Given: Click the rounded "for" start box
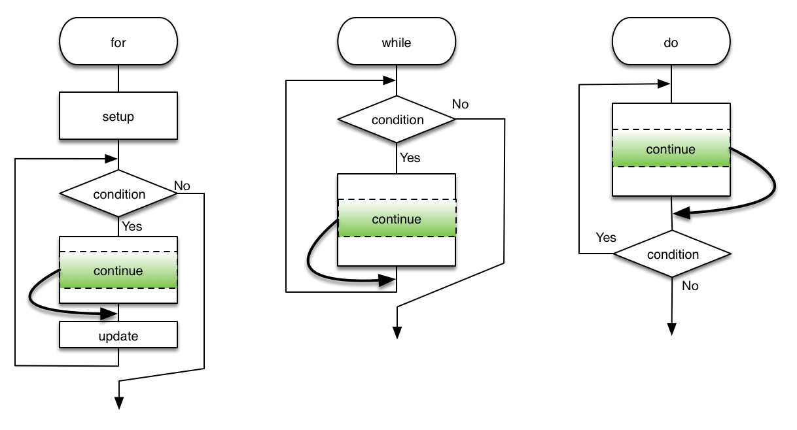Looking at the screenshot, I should pyautogui.click(x=118, y=43).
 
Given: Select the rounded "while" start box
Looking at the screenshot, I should pyautogui.click(x=396, y=43).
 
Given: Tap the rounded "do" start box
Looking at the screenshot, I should pyautogui.click(x=671, y=43).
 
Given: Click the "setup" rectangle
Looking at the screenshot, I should pyautogui.click(x=118, y=116).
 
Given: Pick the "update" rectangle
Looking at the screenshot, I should pyautogui.click(x=118, y=336).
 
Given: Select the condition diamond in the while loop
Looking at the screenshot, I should pyautogui.click(x=397, y=120).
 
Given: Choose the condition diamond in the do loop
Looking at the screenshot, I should pyautogui.click(x=672, y=254).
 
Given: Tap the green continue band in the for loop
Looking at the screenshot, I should pyautogui.click(x=118, y=270).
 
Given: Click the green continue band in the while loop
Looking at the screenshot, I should pyautogui.click(x=397, y=219).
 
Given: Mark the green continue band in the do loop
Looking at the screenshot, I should pyautogui.click(x=671, y=149).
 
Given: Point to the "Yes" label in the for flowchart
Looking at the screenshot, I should pyautogui.click(x=132, y=227).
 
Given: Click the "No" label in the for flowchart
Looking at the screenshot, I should pyautogui.click(x=182, y=186).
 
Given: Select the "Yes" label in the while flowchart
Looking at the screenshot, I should pyautogui.click(x=410, y=157).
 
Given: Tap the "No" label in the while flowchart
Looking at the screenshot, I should pyautogui.click(x=460, y=104).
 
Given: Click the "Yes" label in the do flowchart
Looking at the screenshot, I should pyautogui.click(x=606, y=237).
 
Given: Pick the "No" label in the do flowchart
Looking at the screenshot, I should pyautogui.click(x=690, y=286).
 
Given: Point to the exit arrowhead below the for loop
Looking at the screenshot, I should pyautogui.click(x=119, y=403).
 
